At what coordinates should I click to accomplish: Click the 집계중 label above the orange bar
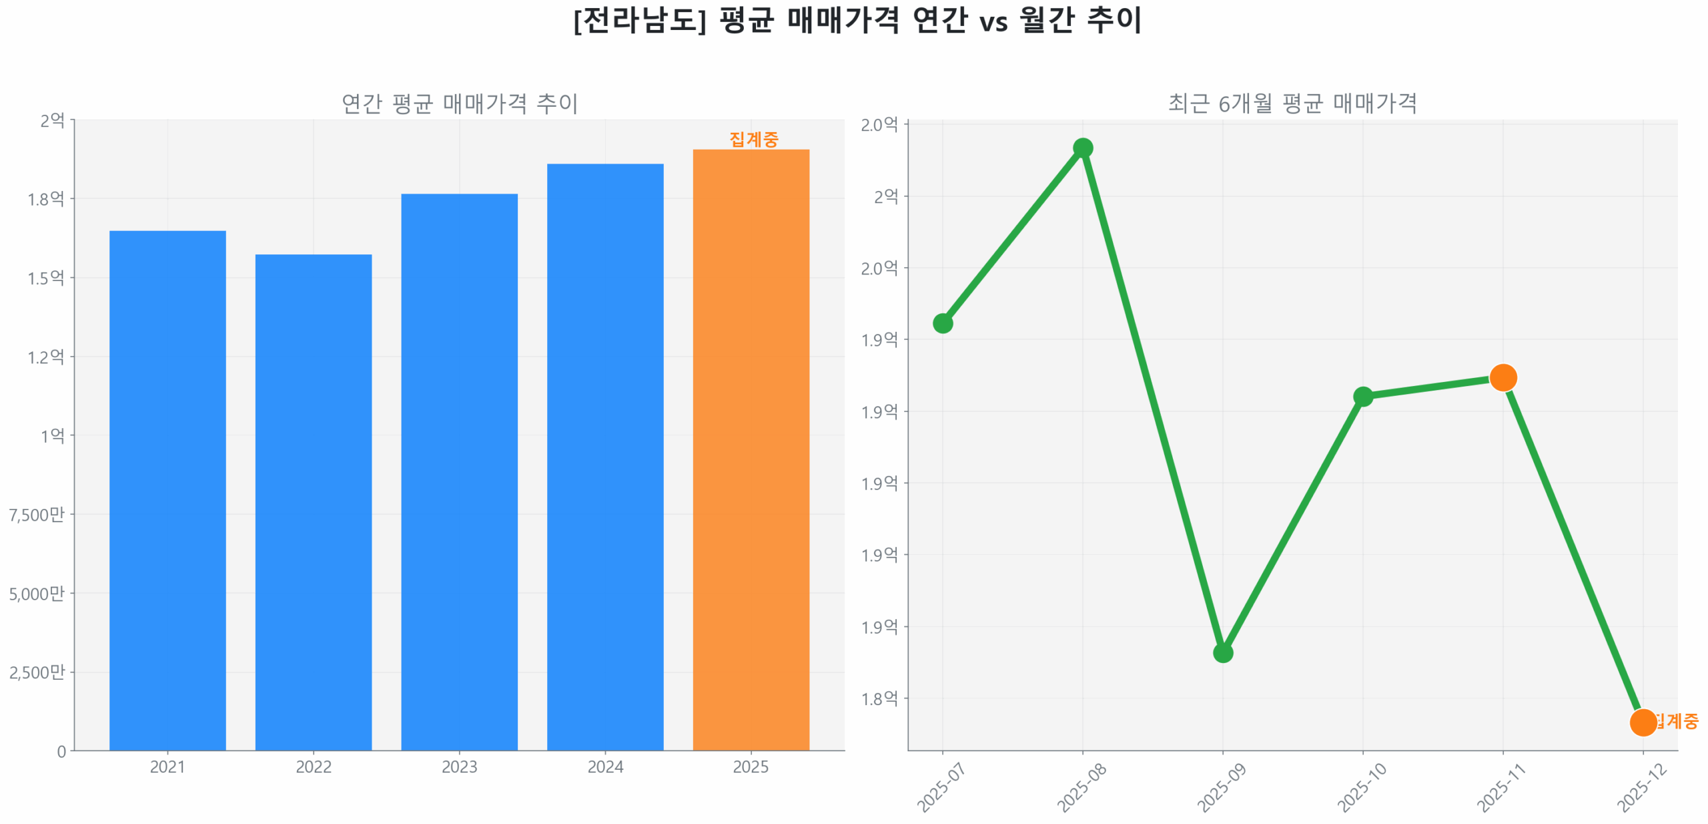click(x=753, y=139)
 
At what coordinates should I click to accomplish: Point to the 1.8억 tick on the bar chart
click(x=45, y=198)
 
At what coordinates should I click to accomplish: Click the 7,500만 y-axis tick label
click(x=37, y=513)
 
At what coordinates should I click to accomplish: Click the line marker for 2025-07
click(x=941, y=323)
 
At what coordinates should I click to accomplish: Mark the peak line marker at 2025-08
click(x=1082, y=148)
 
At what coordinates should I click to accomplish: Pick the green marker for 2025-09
click(x=1222, y=652)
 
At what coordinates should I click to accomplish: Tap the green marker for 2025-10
click(x=1362, y=397)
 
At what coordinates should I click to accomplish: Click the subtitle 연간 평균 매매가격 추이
click(x=459, y=104)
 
